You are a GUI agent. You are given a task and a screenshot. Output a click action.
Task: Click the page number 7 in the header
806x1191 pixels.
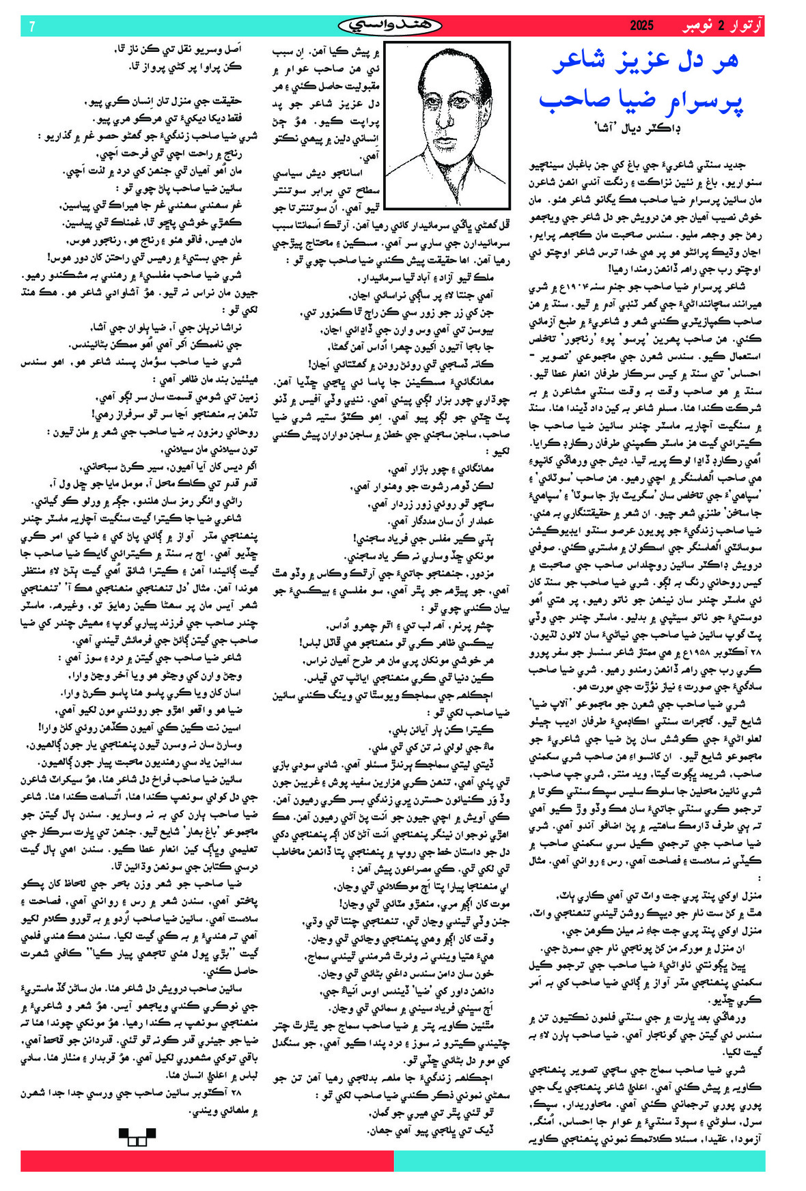pos(32,27)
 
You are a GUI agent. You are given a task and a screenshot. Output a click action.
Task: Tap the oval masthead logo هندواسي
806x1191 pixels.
pos(389,26)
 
